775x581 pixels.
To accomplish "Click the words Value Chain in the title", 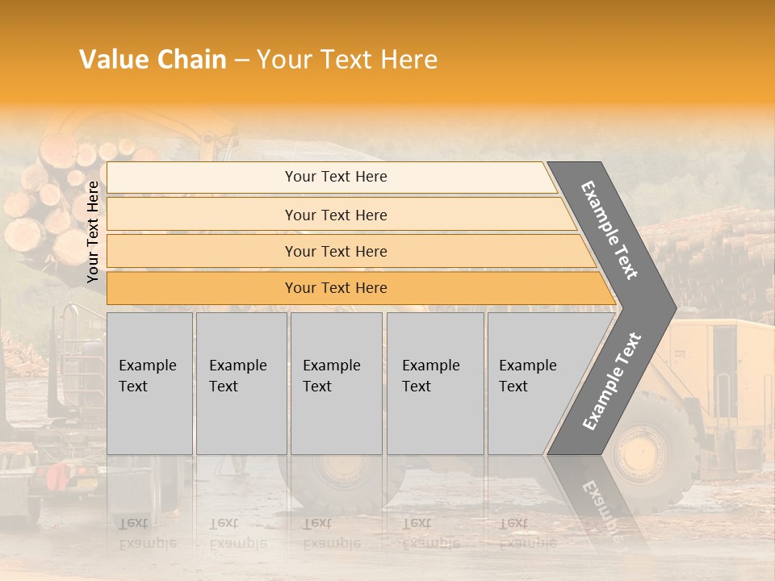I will [153, 60].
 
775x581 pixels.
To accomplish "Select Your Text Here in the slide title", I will [347, 60].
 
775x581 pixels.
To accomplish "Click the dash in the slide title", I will [241, 61].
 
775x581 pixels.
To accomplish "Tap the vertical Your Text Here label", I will [93, 232].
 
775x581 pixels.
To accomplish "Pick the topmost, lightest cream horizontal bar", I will [336, 177].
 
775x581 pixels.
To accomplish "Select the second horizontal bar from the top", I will [336, 215].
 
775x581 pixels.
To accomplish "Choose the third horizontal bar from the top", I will [336, 251].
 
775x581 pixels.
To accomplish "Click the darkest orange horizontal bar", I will [336, 288].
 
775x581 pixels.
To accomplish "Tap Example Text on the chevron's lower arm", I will [611, 382].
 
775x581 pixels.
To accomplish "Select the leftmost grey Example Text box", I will [149, 383].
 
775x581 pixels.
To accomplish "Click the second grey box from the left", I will [241, 383].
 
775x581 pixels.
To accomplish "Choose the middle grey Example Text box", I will [336, 383].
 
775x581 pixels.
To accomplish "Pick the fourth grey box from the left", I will [434, 383].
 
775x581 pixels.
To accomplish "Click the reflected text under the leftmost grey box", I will [147, 533].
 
